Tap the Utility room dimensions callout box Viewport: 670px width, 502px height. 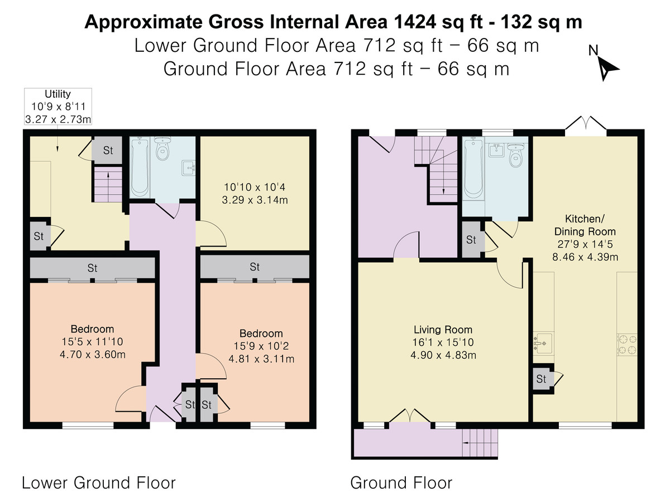coord(58,107)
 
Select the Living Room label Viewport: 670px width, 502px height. coord(443,330)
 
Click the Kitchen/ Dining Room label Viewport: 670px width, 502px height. coord(585,225)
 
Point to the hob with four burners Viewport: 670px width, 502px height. coord(627,345)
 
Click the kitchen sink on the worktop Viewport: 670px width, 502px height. coord(544,343)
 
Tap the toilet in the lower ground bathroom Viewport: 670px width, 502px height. coord(162,148)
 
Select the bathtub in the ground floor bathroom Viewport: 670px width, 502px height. coord(473,168)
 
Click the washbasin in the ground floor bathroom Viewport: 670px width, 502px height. coord(496,149)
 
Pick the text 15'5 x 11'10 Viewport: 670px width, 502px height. coord(92,342)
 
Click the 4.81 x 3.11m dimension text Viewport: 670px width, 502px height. coord(261,359)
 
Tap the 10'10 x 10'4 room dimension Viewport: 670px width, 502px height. coord(255,187)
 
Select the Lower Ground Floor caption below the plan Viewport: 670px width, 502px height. coord(99,483)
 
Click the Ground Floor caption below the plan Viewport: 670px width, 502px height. coord(401,483)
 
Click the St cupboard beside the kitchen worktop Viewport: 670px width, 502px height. coord(542,379)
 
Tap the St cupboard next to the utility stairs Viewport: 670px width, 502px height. coord(107,150)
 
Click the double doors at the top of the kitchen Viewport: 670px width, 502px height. coord(586,125)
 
